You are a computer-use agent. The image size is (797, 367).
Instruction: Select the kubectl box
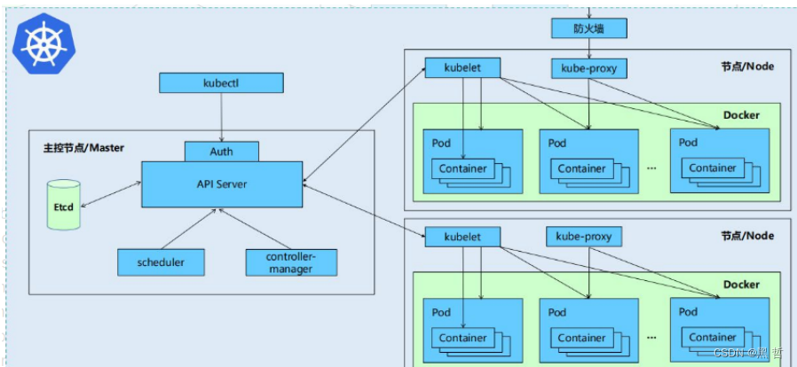pos(222,83)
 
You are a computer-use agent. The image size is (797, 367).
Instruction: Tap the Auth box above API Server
pos(222,152)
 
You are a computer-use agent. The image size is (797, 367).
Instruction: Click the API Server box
pos(222,184)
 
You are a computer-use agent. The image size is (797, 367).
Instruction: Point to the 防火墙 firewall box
pos(589,28)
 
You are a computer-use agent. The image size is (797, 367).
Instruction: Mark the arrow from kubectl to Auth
pos(222,117)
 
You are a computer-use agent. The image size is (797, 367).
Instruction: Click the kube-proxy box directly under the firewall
pos(589,68)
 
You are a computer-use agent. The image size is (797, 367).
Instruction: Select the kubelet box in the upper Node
pos(462,67)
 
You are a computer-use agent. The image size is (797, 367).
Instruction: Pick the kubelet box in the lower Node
pos(462,237)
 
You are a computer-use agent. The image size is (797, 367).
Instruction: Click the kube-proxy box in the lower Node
pos(583,237)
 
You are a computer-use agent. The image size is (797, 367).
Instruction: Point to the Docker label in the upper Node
pos(741,115)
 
